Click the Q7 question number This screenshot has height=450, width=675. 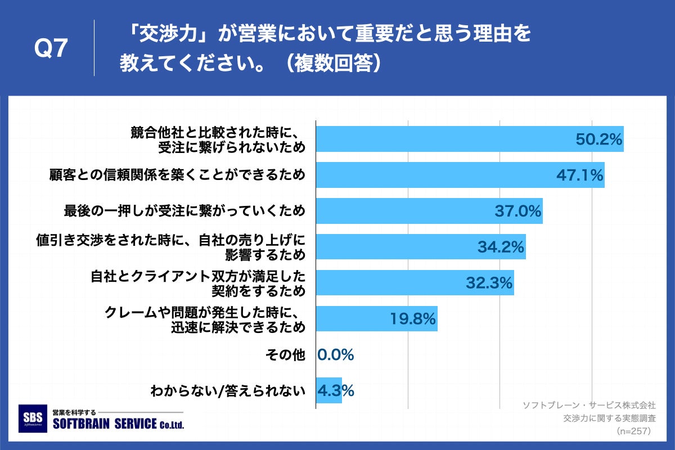51,49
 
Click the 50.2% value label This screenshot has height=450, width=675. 598,139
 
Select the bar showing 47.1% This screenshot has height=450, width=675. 460,175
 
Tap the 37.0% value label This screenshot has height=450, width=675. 517,211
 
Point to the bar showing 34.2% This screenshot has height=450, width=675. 420,247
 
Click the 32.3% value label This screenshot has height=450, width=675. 489,283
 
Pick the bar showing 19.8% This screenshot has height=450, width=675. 376,319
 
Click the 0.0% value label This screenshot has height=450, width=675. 335,355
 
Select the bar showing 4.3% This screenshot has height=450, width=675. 329,390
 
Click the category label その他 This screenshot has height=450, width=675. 287,355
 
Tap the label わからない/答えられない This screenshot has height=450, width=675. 228,390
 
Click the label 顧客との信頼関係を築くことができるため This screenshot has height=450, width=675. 178,175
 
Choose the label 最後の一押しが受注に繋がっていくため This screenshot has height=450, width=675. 184,211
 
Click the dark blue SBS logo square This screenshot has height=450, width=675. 33,418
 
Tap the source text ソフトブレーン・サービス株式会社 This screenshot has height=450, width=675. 589,405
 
